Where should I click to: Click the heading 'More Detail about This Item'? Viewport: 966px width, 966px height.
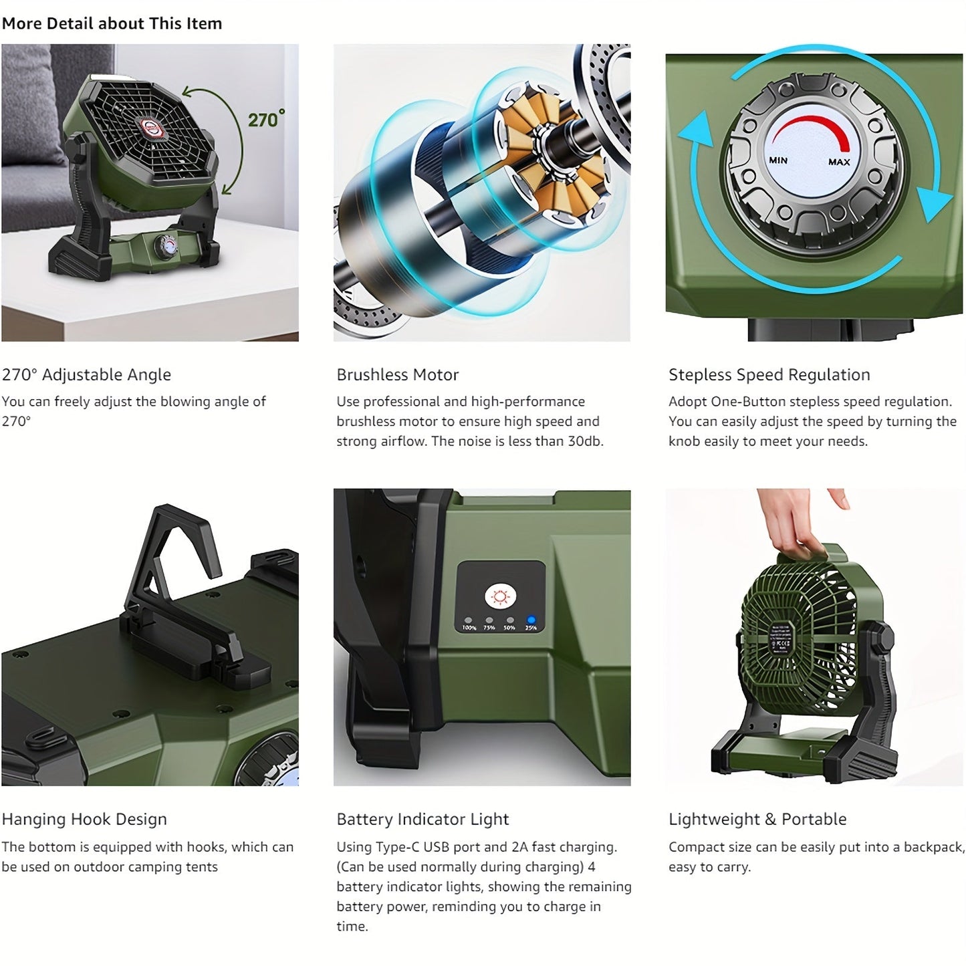(112, 23)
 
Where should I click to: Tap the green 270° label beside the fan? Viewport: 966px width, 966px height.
(265, 119)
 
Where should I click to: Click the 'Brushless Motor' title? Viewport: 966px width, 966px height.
(397, 374)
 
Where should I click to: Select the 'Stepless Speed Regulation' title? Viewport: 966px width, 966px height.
(769, 374)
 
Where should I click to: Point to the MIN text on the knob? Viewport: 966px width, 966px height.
(778, 160)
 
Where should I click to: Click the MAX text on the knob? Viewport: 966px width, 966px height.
(839, 162)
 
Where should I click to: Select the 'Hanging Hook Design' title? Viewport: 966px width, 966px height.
(84, 819)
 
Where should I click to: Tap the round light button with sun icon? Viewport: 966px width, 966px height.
(501, 597)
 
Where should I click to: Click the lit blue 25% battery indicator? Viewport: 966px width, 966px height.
(531, 620)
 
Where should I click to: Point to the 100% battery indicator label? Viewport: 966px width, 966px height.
(469, 628)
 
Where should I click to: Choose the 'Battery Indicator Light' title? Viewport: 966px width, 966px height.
(422, 819)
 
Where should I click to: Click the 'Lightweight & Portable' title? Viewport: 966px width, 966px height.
(757, 819)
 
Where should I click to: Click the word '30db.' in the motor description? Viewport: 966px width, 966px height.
(586, 441)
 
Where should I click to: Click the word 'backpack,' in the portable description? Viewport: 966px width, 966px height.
(934, 847)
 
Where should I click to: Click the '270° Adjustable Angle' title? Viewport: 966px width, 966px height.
(86, 374)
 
